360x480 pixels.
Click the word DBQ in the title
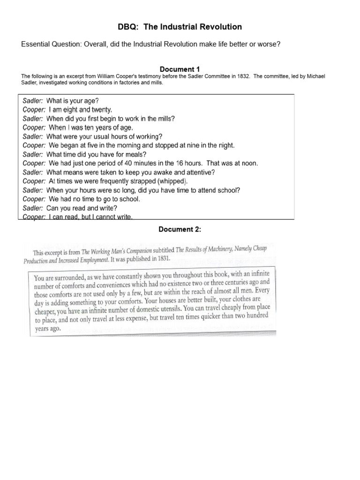point(128,27)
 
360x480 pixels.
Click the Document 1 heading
point(180,70)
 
